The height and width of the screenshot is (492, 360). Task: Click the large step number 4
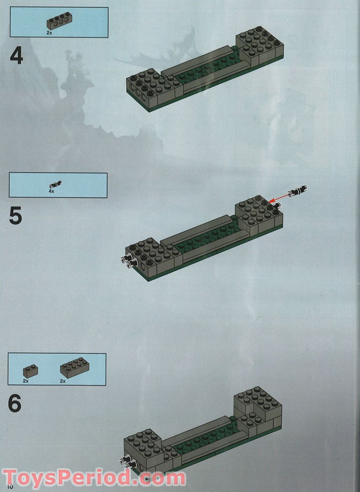(17, 57)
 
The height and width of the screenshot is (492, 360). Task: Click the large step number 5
(16, 216)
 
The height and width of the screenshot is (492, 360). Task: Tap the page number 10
(7, 486)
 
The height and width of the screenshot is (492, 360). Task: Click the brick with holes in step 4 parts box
(59, 21)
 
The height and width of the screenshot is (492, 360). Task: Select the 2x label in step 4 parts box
(49, 33)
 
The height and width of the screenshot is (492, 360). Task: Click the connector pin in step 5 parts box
(55, 184)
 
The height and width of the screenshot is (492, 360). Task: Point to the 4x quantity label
(51, 191)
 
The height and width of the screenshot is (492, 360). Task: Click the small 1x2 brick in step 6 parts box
(30, 371)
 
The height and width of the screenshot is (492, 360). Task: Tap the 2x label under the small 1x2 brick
(26, 381)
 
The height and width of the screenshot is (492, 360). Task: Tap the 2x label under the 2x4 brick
(63, 381)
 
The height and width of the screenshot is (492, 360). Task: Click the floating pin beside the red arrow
(298, 190)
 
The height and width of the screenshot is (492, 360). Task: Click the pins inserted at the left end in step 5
(128, 262)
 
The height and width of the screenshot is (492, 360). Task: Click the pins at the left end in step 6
(128, 463)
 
